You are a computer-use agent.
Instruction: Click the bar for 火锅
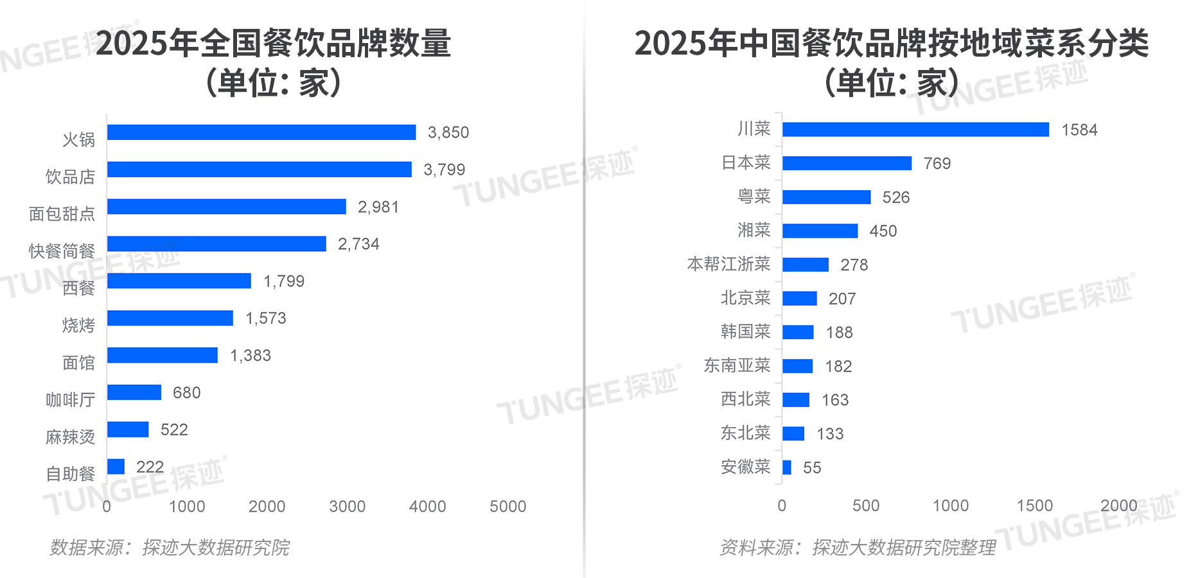tap(261, 132)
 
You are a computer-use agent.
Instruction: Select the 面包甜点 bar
tap(226, 207)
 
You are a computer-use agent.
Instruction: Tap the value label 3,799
tap(444, 170)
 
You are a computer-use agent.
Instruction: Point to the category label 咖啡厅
tap(70, 400)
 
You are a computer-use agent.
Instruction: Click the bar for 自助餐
tap(116, 467)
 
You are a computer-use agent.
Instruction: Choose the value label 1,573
tap(265, 319)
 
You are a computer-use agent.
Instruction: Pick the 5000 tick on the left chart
tap(507, 507)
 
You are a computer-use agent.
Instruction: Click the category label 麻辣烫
tap(70, 437)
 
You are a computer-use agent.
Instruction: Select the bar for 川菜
tap(915, 130)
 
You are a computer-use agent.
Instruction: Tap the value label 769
tap(937, 164)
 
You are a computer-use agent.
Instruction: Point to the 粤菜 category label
tap(754, 197)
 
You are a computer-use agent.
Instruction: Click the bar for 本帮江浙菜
tap(806, 265)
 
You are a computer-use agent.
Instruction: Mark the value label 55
tap(812, 468)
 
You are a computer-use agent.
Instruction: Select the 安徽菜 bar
tap(787, 468)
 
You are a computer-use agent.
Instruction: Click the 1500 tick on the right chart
tap(1034, 506)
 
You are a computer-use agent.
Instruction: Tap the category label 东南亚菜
tap(737, 365)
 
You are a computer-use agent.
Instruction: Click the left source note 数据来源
tap(170, 548)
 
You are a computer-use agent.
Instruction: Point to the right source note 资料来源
tap(857, 548)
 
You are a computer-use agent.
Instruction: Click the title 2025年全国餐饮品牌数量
tap(273, 44)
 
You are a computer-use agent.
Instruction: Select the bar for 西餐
tap(179, 281)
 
